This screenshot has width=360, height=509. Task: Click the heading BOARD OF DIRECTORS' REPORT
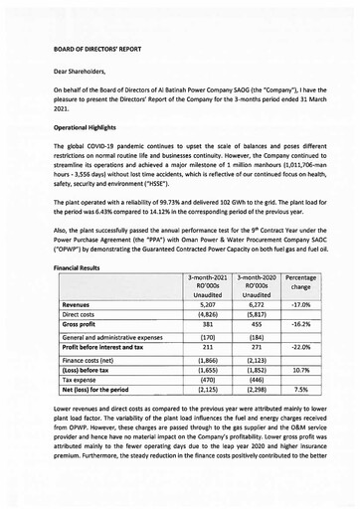(x=99, y=48)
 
